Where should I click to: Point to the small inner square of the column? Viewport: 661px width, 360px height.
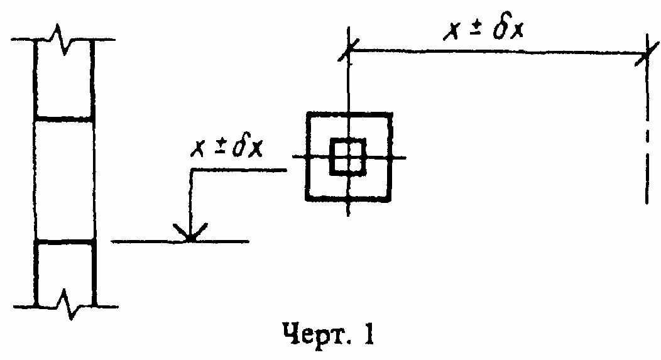point(347,155)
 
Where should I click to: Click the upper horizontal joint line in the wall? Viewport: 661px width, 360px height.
point(65,118)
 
